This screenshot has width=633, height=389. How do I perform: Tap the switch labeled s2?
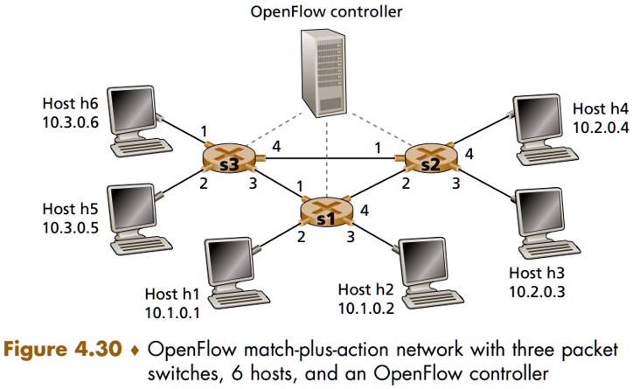[x=429, y=158]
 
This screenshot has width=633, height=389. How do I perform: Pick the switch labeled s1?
[x=325, y=212]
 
